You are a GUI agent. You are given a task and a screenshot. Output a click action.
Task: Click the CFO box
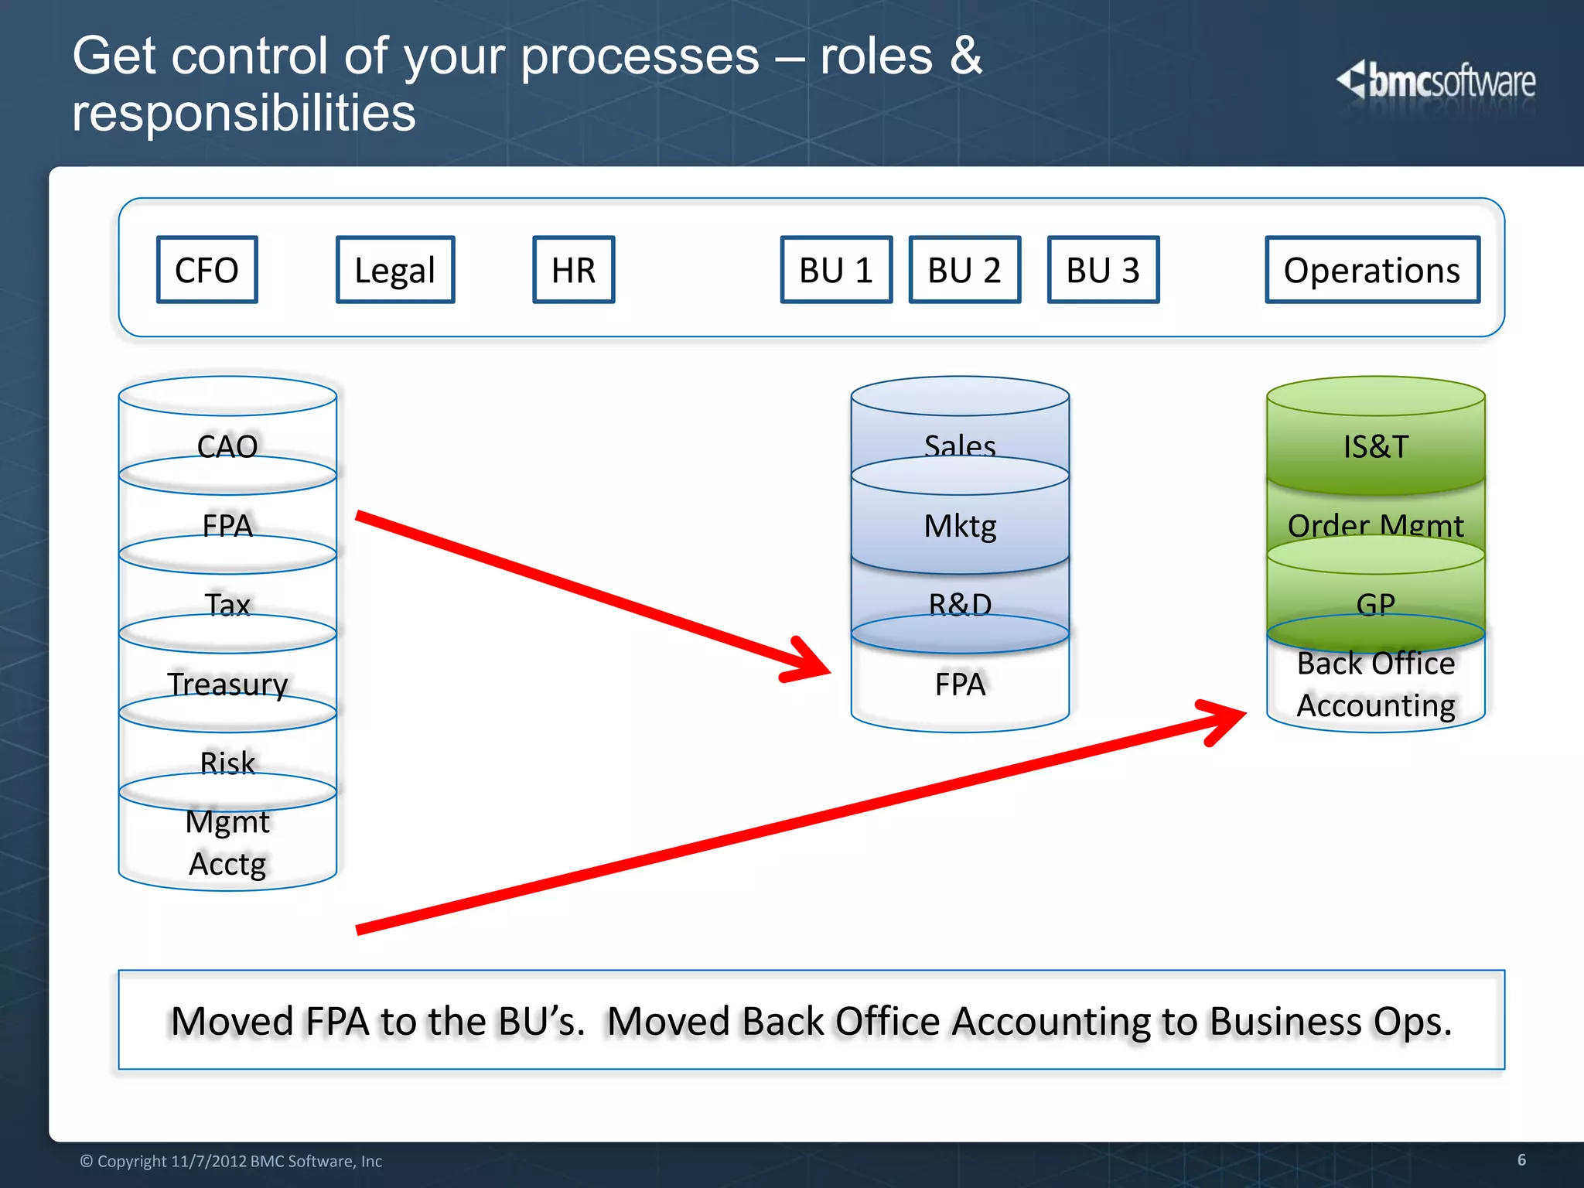tap(207, 270)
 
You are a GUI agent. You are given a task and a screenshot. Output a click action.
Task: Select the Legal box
tap(395, 270)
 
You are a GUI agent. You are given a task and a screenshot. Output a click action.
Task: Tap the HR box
tap(573, 270)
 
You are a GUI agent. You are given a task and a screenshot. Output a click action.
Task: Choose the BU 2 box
tap(964, 270)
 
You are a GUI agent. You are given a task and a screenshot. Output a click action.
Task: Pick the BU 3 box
tap(1103, 270)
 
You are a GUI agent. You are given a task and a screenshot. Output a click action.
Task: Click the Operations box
tap(1372, 270)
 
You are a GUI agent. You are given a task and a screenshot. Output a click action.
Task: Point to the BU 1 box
tap(836, 270)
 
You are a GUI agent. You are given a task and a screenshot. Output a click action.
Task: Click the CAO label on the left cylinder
tap(227, 446)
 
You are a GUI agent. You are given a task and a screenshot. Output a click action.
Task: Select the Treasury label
tap(227, 684)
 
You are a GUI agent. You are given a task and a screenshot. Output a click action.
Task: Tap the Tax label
tap(227, 604)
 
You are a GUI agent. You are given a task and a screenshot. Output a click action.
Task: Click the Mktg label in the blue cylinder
tap(960, 526)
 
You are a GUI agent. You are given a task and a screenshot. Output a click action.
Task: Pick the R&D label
tap(960, 604)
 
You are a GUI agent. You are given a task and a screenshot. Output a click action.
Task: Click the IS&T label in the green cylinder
tap(1375, 446)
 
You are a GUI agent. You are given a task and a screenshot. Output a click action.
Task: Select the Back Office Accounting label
tap(1375, 684)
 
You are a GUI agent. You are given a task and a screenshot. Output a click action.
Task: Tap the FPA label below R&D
tap(960, 684)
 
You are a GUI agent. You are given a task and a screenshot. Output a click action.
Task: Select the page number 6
tap(1521, 1159)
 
